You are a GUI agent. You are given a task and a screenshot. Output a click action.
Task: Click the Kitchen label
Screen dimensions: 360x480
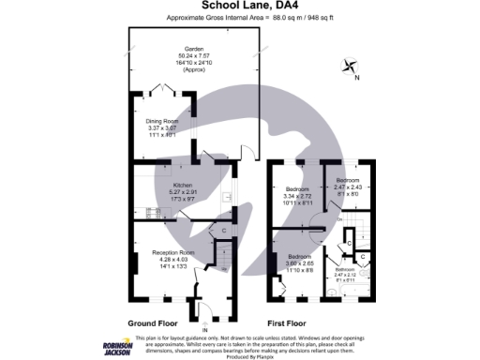pyautogui.click(x=181, y=185)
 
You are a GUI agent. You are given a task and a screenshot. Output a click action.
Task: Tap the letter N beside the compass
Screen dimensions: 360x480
pyautogui.click(x=355, y=79)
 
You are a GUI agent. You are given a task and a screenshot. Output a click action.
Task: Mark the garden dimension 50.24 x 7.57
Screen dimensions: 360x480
pyautogui.click(x=195, y=55)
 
